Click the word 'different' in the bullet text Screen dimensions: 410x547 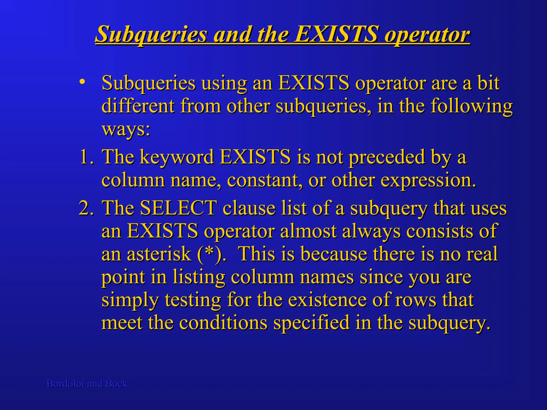coord(138,106)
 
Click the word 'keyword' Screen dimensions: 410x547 coord(177,157)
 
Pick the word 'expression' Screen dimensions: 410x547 coord(427,181)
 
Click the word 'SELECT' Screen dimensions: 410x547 coord(178,208)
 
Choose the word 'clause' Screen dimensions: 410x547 coord(249,208)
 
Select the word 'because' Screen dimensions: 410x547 coord(334,254)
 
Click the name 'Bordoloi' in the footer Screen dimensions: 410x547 coord(65,384)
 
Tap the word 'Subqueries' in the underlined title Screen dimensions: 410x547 coord(151,34)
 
